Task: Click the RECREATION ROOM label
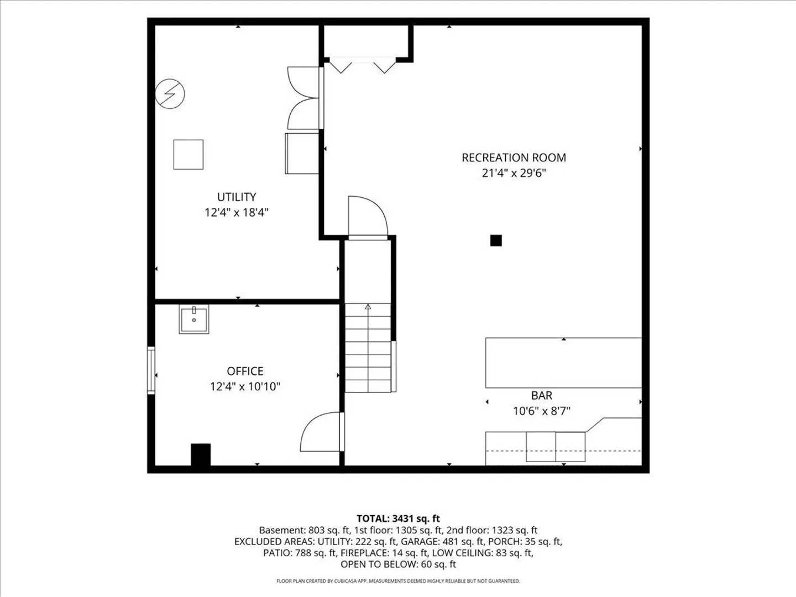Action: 514,158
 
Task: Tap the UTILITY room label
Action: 237,197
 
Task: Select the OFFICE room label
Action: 245,371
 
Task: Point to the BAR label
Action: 542,395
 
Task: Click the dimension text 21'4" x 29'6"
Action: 514,173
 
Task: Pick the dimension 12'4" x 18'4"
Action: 237,212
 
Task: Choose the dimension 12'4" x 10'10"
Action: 245,387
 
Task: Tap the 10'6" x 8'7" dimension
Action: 542,411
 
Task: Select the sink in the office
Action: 194,320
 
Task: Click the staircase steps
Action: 368,348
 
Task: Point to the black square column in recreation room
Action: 496,240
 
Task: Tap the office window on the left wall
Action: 151,370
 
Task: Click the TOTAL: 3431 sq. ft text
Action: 398,519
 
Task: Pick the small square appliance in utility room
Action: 188,154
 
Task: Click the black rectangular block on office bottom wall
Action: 201,455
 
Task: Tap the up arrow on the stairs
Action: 368,307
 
